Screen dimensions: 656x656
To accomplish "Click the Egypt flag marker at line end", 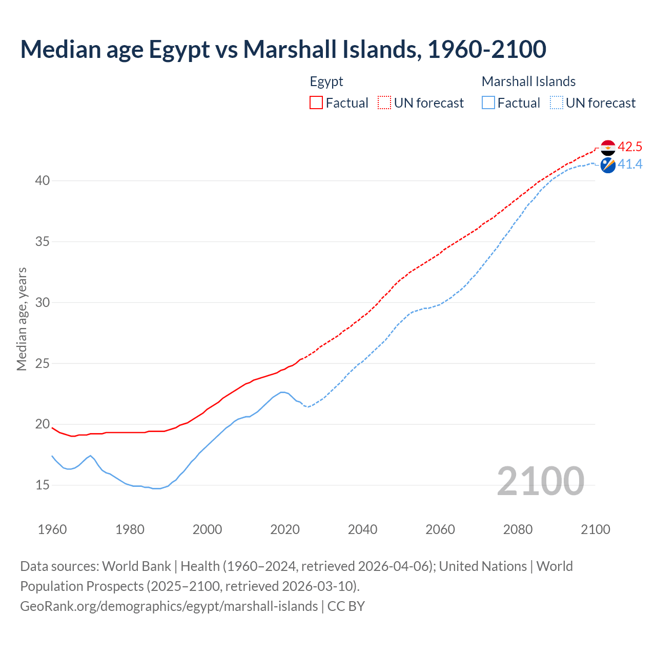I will coord(608,148).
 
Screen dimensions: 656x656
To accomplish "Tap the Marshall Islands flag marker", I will coord(608,165).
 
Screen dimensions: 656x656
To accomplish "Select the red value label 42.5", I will coord(630,147).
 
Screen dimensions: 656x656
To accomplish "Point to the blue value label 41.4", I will coord(630,164).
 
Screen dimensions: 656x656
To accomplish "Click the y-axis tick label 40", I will coord(43,180).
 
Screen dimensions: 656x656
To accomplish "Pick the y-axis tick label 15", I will coord(43,485).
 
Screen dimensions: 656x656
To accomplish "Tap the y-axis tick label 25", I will coord(43,363).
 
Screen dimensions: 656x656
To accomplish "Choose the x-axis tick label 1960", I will coord(52,529).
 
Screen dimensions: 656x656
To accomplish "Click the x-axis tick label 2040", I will coord(362,529).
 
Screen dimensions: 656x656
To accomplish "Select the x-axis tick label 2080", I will coord(518,529).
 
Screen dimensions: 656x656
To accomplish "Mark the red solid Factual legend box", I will coord(316,102).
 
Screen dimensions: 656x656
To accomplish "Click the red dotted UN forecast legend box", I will coord(384,102).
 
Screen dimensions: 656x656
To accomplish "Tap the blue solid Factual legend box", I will coord(488,102).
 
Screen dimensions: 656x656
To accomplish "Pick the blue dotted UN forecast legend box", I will coord(557,102).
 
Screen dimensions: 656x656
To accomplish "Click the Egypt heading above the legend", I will coord(326,81).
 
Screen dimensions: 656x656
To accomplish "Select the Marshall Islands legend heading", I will coord(528,81).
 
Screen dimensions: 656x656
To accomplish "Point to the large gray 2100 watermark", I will coord(540,481).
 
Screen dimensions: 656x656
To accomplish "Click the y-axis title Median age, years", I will coord(22,319).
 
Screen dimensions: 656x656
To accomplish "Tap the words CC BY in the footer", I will coord(346,606).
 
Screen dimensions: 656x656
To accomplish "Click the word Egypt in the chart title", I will coord(179,49).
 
